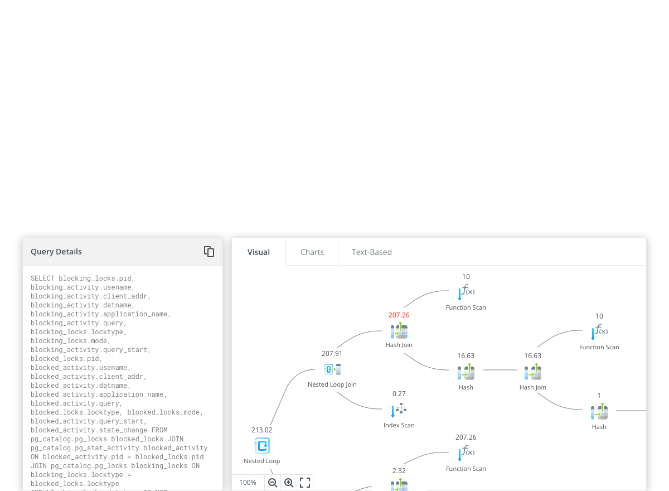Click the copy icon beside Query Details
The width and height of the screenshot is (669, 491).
pyautogui.click(x=209, y=252)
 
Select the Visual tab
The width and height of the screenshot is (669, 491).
pyautogui.click(x=259, y=252)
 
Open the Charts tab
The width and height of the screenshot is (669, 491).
pyautogui.click(x=312, y=252)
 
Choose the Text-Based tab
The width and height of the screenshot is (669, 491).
pyautogui.click(x=371, y=252)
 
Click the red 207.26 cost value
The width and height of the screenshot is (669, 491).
pyautogui.click(x=399, y=315)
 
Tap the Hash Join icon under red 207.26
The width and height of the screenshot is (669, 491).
pyautogui.click(x=399, y=331)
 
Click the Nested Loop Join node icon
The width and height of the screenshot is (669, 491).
pyautogui.click(x=332, y=369)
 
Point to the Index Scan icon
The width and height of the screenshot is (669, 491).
pyautogui.click(x=399, y=410)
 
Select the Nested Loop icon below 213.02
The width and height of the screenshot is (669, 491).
pyautogui.click(x=261, y=446)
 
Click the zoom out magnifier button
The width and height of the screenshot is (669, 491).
pyautogui.click(x=273, y=483)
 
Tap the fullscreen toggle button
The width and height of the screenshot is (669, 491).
pyautogui.click(x=305, y=483)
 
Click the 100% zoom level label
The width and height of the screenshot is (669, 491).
pyautogui.click(x=248, y=483)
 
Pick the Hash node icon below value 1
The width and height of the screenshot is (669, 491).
pyautogui.click(x=599, y=413)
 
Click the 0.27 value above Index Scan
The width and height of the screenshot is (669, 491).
pyautogui.click(x=399, y=394)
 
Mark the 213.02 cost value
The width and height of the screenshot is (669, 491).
pyautogui.click(x=261, y=430)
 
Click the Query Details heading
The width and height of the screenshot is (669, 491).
pyautogui.click(x=56, y=252)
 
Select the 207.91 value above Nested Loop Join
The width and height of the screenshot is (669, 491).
pyautogui.click(x=332, y=354)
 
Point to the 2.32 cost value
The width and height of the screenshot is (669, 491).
pyautogui.click(x=399, y=471)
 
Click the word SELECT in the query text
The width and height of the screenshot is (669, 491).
pyautogui.click(x=42, y=278)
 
